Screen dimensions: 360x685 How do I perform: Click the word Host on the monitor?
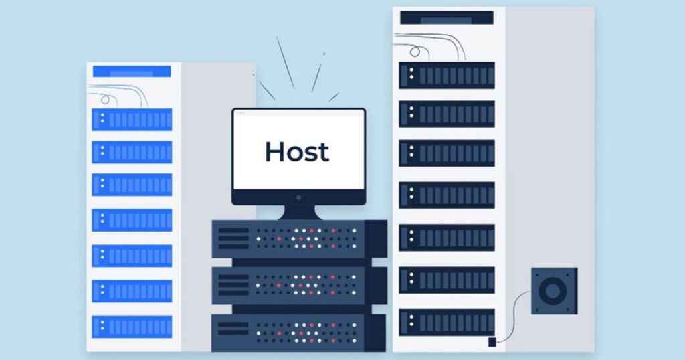click(297, 151)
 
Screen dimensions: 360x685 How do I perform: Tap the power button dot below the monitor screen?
click(298, 197)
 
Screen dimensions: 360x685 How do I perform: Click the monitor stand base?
click(298, 213)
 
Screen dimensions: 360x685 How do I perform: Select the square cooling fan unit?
click(554, 290)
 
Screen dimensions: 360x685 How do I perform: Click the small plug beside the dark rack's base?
click(492, 342)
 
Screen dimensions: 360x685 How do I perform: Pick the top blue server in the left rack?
click(132, 120)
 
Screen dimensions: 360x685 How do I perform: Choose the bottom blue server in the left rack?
click(132, 326)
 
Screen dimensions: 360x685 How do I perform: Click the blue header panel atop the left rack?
click(132, 72)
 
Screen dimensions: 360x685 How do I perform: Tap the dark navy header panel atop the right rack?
click(447, 18)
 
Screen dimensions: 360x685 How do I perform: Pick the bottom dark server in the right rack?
click(447, 321)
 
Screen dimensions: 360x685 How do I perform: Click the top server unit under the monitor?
click(298, 238)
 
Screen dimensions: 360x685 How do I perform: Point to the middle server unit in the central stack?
click(298, 284)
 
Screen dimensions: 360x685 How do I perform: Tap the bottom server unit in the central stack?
click(298, 332)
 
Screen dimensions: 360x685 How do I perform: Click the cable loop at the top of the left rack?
click(105, 99)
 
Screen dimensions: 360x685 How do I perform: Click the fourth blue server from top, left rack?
click(132, 219)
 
